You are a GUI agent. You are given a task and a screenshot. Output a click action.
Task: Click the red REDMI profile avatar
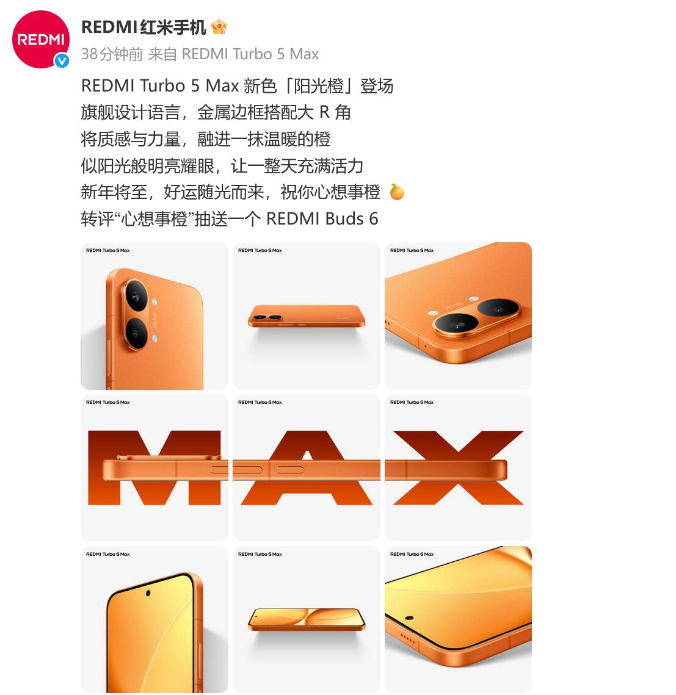coord(41,40)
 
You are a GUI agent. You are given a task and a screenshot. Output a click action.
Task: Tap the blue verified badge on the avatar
coord(62,60)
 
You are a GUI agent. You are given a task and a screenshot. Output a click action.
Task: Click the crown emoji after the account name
coord(219,27)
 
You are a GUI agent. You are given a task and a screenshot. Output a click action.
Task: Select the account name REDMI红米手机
coord(144,27)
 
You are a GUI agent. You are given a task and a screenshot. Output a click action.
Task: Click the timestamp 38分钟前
coord(112,54)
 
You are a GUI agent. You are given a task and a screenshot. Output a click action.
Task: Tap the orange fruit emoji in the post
coord(396,192)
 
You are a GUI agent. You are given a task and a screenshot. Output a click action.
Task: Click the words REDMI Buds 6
coord(322,219)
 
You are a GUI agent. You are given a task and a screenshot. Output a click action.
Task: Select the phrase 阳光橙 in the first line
coord(319,86)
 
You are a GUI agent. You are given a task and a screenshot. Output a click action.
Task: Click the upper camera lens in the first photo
coord(137,295)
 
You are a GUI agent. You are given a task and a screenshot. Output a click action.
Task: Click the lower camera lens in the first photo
coord(137,333)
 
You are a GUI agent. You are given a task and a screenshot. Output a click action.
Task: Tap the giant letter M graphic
coord(154,467)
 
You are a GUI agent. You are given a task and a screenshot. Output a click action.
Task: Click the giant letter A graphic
coord(307,467)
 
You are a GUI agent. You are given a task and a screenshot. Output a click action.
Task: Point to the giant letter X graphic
coord(458,467)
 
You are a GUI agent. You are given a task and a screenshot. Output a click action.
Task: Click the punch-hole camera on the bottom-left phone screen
coord(148,593)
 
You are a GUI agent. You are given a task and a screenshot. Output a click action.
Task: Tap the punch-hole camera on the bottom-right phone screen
coord(409,618)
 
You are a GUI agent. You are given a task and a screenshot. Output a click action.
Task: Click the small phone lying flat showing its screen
coord(307,619)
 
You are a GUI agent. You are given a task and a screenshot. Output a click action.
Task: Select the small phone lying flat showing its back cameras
coord(307,316)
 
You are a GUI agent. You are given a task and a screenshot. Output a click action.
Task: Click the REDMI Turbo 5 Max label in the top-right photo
coord(412,250)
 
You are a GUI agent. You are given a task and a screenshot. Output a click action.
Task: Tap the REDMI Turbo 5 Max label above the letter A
coord(260,403)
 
